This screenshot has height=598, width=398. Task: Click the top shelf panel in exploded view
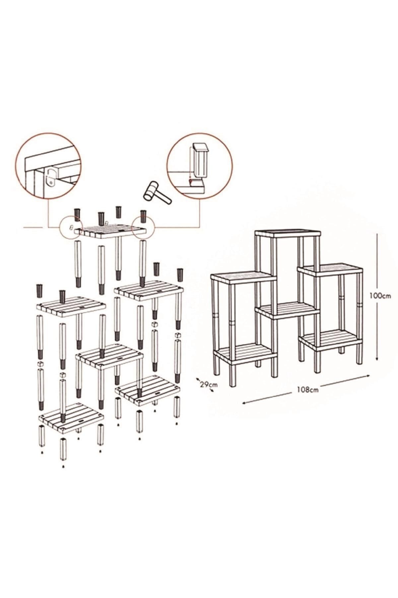coord(111,231)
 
